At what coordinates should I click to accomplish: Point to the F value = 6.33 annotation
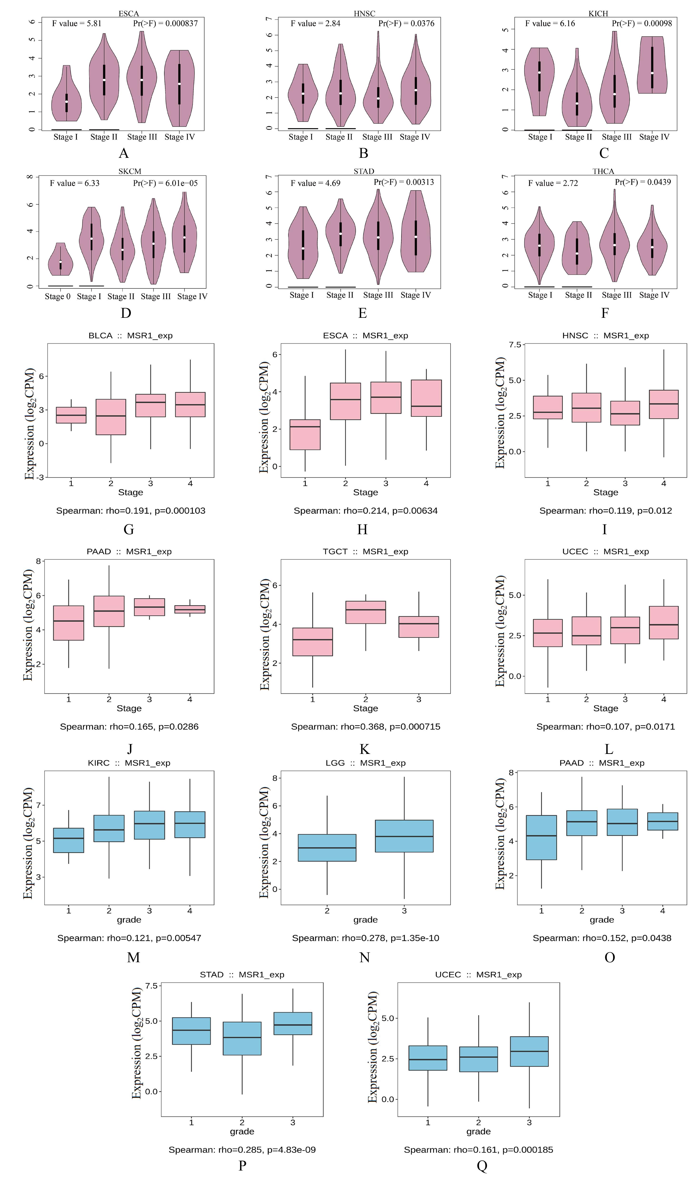tap(75, 183)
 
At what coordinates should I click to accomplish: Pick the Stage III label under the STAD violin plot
tap(378, 295)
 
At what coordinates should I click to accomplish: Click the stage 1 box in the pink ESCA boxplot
tap(305, 434)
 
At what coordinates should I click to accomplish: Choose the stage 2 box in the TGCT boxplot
tap(365, 612)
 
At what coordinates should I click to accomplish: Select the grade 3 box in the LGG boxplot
tap(404, 836)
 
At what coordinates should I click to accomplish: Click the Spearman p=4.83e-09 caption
tap(242, 1150)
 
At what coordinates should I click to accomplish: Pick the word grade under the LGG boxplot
tap(365, 920)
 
